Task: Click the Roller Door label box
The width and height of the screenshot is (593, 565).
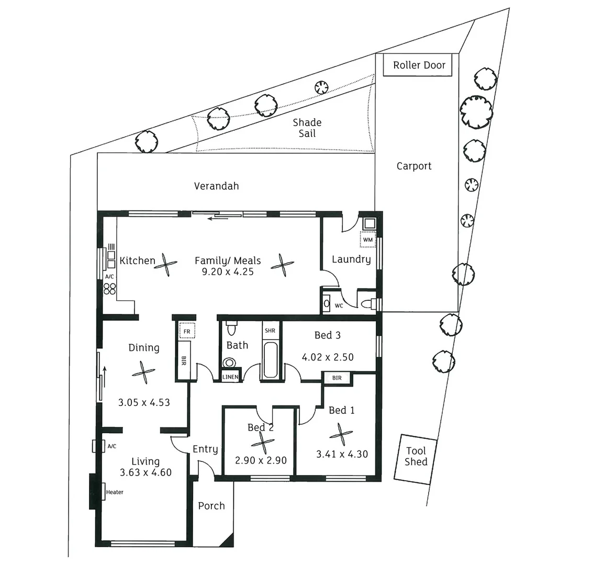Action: point(419,65)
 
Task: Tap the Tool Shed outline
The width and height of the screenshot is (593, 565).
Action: point(416,457)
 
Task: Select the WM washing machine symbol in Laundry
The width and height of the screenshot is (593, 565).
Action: point(368,240)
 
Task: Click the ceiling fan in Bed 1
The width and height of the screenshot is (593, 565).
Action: point(341,434)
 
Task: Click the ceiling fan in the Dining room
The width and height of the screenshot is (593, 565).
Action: point(143,372)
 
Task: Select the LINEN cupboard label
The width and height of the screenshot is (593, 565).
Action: point(231,377)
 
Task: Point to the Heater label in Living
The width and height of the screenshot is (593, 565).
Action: point(115,492)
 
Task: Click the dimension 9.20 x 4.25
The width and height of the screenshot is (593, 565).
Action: point(228,272)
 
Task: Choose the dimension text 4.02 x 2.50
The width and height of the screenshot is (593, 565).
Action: point(328,357)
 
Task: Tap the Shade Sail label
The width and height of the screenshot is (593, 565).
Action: point(307,128)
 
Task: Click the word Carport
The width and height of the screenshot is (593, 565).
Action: point(414,166)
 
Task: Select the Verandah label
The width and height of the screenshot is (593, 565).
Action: point(216,186)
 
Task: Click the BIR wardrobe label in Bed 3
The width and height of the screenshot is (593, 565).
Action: point(337,378)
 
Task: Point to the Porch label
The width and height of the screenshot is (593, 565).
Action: point(211,506)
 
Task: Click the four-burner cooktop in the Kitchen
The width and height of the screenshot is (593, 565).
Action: point(110,289)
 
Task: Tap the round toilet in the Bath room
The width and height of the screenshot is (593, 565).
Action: point(229,363)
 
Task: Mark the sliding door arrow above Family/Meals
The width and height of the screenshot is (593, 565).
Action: point(217,218)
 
